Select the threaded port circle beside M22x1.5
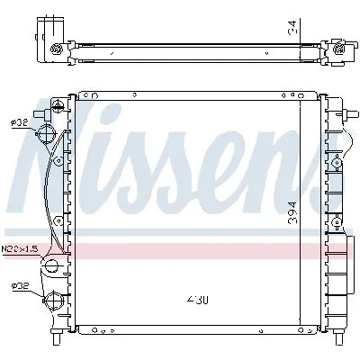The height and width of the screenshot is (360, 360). click(x=51, y=265)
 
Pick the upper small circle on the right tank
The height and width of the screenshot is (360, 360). click(x=336, y=162)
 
